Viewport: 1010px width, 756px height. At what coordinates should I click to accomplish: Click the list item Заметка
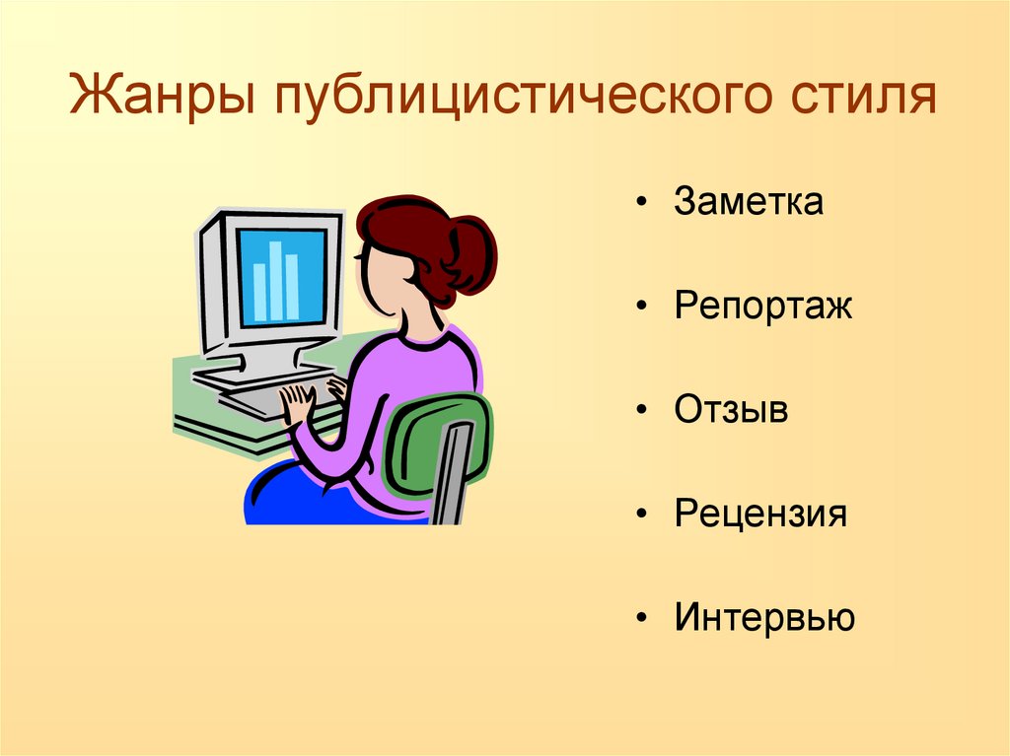click(749, 203)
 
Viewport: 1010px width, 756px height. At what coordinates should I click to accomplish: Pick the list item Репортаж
click(763, 307)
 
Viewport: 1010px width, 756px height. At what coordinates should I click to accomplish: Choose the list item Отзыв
click(732, 410)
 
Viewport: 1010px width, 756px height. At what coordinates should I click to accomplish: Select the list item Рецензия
click(760, 514)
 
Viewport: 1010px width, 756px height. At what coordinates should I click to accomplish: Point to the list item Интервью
click(764, 618)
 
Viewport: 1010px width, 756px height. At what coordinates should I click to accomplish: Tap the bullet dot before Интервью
click(642, 619)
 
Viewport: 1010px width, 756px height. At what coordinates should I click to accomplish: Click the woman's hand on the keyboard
click(297, 399)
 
